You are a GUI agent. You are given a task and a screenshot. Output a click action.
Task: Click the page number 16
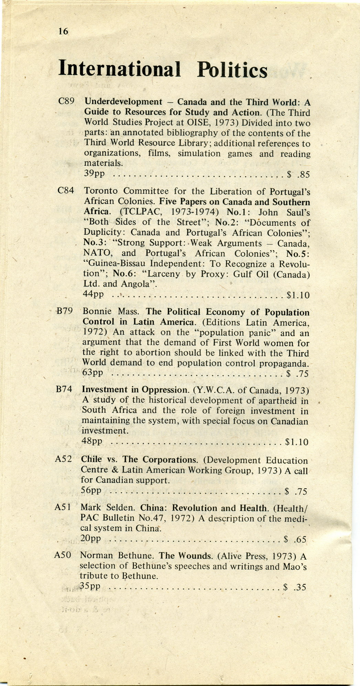[x=63, y=32]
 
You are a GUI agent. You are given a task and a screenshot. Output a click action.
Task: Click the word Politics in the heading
[x=232, y=70]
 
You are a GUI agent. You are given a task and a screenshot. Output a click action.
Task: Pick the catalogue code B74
[x=64, y=389]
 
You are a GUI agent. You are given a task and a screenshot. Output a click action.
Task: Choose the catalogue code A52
[x=63, y=459]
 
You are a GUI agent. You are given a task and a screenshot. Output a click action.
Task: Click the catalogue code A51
[x=63, y=507]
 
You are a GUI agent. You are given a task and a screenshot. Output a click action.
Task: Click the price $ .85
[x=298, y=175]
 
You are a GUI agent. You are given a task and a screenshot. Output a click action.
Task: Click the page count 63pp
[x=93, y=372]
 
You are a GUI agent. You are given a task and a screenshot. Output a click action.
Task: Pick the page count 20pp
[x=91, y=538]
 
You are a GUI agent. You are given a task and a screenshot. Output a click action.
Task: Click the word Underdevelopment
[x=123, y=102]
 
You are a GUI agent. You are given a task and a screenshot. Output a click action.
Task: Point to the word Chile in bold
[x=91, y=459]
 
